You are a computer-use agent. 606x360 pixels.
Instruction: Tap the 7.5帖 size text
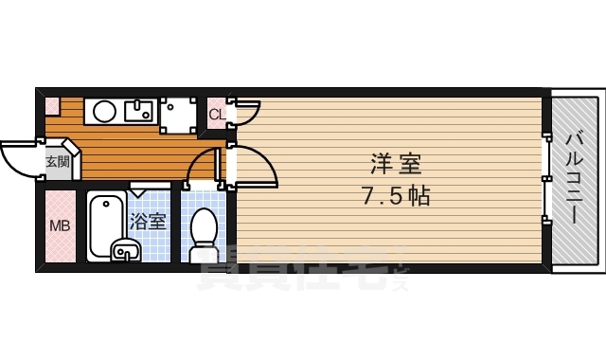click(396, 197)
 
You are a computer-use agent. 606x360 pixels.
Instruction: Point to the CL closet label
click(216, 116)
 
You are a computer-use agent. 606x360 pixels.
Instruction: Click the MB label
click(59, 226)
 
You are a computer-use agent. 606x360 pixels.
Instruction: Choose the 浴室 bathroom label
click(148, 223)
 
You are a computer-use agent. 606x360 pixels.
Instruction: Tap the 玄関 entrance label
click(57, 162)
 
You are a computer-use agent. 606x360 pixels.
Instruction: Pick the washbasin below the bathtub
click(125, 251)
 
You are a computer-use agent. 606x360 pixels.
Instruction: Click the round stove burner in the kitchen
click(104, 112)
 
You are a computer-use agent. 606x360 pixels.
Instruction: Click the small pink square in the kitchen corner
click(51, 105)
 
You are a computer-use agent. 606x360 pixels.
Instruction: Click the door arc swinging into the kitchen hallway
click(203, 166)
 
